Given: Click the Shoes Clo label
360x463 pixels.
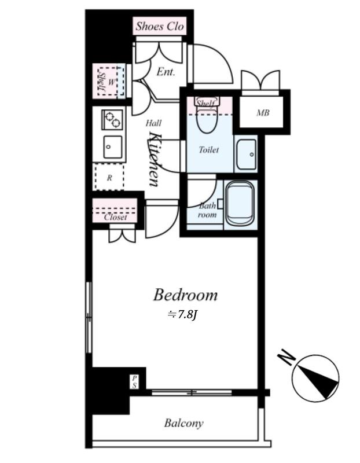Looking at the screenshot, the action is [x=160, y=26].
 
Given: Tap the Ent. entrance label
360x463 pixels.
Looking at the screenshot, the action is [x=166, y=72].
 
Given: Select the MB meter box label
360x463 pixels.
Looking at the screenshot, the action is [x=263, y=112].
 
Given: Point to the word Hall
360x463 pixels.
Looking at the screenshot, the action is [x=153, y=123].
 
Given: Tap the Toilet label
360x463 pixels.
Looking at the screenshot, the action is [x=209, y=150].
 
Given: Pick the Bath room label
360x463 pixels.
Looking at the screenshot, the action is [x=207, y=210].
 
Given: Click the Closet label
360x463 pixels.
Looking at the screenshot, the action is [x=115, y=218].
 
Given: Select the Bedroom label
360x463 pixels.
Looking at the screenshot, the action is [x=185, y=295].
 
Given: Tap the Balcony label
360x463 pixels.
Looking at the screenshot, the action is [x=183, y=423].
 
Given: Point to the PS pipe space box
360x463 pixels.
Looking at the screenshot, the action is [x=134, y=382].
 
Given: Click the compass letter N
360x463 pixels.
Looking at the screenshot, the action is [x=286, y=357].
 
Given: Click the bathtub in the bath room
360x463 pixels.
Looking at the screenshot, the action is [x=240, y=204].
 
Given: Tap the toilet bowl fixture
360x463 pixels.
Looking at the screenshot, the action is [x=207, y=120].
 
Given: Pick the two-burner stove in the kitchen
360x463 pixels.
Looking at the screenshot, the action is [x=112, y=120].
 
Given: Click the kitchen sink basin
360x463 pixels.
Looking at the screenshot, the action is [x=112, y=147].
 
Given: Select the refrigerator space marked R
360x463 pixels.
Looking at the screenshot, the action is [x=109, y=177].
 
